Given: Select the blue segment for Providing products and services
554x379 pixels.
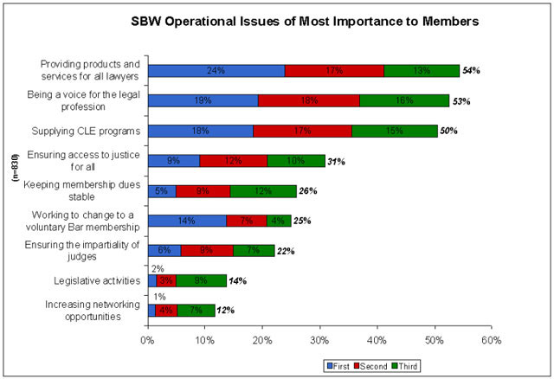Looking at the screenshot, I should (216, 71).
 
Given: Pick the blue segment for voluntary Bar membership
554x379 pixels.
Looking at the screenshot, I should (187, 221).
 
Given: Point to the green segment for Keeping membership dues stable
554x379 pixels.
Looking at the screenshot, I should (263, 190).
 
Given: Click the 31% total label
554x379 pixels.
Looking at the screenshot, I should (338, 162).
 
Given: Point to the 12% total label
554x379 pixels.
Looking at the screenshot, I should (226, 309).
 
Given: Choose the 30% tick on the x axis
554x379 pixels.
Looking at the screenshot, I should (319, 340).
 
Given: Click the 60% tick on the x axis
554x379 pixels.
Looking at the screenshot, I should (491, 340).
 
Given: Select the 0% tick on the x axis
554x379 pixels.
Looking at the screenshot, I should (148, 340).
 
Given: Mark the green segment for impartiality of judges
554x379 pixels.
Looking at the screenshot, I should (254, 250).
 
